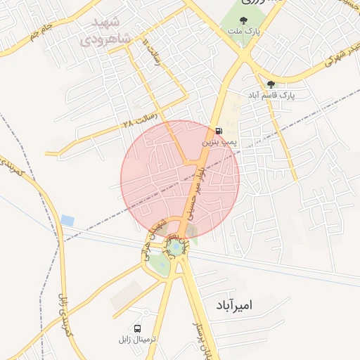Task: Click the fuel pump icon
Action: click(x=219, y=131)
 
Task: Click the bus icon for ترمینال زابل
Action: click(x=137, y=328)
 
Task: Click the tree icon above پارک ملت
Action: click(x=243, y=21)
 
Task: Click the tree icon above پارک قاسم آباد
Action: click(x=271, y=84)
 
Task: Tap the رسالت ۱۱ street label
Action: click(x=150, y=53)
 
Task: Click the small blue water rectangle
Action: click(x=67, y=221)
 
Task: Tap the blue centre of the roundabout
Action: click(x=174, y=246)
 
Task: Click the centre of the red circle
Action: click(x=180, y=179)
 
